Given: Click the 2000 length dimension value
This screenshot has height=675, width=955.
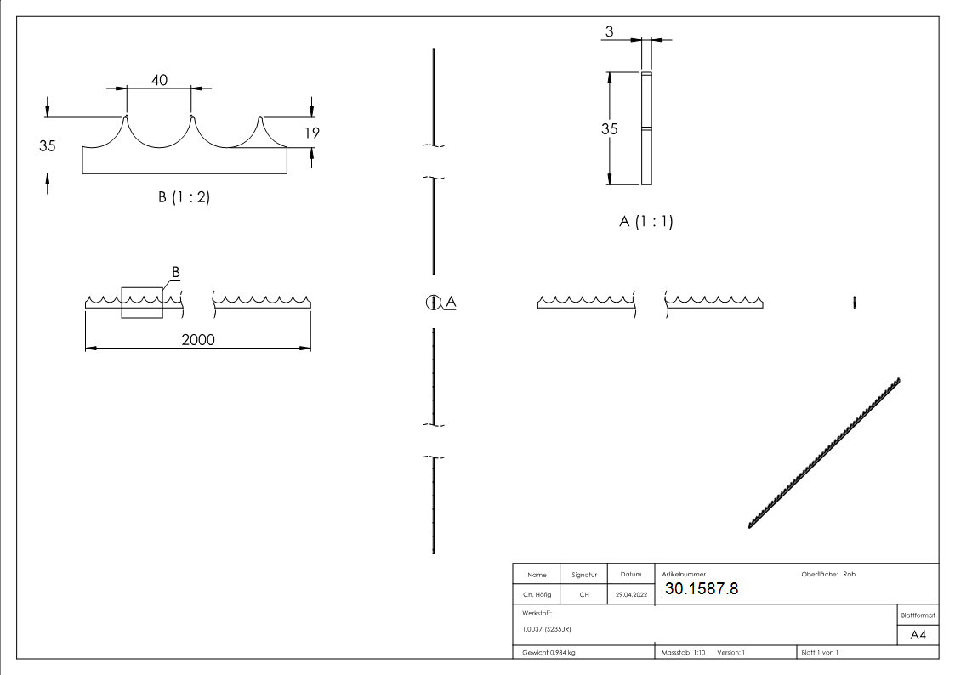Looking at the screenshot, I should pyautogui.click(x=197, y=339).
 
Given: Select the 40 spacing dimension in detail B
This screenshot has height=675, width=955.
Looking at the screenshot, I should pyautogui.click(x=159, y=79).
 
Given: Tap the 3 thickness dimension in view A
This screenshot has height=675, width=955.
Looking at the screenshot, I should pyautogui.click(x=610, y=31).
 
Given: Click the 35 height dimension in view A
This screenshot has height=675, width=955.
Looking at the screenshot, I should pyautogui.click(x=609, y=129).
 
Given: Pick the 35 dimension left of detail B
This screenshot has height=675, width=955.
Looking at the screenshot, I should pyautogui.click(x=47, y=145).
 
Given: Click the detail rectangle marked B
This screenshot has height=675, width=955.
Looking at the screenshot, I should pyautogui.click(x=141, y=302).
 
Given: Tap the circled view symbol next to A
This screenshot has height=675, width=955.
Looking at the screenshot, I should pyautogui.click(x=433, y=302).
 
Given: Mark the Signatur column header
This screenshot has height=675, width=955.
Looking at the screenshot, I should pyautogui.click(x=583, y=575).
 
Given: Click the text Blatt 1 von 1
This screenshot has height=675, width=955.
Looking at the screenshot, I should pyautogui.click(x=820, y=652).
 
